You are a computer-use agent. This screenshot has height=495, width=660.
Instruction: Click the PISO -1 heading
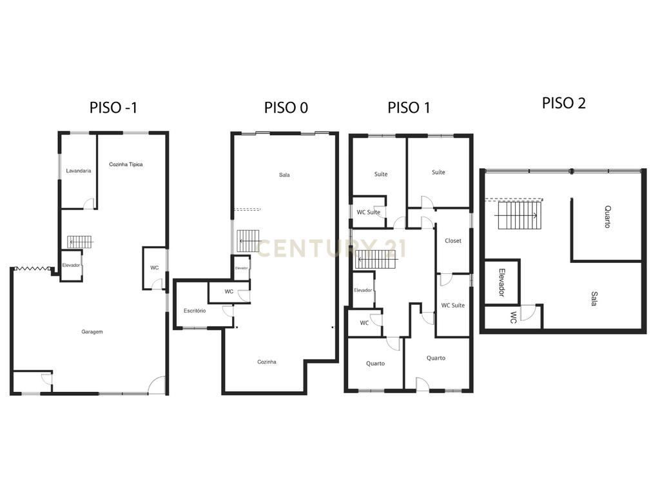coord(113,108)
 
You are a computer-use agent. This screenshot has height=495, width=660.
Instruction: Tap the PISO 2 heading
coord(563,103)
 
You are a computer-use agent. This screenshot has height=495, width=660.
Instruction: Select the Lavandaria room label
coord(78,171)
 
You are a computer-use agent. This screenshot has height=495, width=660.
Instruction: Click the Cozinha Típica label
coord(126,164)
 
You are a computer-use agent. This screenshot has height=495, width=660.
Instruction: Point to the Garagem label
coord(92,332)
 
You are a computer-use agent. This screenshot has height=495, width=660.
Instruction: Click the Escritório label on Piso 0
coord(195,311)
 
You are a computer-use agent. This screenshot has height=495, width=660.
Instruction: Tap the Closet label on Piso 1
coord(453,241)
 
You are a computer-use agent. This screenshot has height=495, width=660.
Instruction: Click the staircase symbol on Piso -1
coord(80,242)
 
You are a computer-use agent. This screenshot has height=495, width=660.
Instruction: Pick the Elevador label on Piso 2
coord(501,282)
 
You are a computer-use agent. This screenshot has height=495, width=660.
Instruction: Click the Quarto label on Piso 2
coord(607,217)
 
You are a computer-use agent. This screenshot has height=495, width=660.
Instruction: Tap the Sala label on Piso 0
coord(284,175)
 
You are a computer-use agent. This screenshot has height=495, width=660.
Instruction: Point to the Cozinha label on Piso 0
coord(267,362)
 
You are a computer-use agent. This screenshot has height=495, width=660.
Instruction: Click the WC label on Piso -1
coord(155,267)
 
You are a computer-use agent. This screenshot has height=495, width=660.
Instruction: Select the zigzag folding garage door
coord(33,268)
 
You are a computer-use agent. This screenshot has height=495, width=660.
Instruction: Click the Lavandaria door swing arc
coord(88,203)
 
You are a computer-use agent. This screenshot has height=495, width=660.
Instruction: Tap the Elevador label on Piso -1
coord(71,265)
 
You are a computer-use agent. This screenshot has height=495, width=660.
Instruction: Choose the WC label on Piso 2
coord(513,317)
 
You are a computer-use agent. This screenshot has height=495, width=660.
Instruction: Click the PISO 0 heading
coord(286,108)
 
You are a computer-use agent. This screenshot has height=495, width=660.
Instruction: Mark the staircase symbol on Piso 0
coord(249,241)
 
